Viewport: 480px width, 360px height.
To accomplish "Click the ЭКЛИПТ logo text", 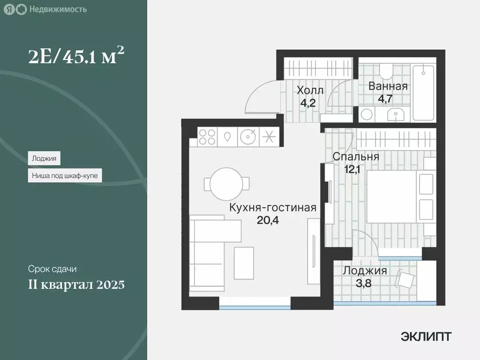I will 426,336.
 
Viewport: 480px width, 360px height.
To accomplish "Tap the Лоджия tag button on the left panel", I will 44,158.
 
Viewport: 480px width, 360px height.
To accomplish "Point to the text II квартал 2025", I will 76,285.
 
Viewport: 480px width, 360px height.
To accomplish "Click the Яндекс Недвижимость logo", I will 46,9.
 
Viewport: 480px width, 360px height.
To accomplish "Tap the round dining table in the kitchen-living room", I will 227,184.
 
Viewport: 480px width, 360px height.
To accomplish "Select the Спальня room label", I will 356,157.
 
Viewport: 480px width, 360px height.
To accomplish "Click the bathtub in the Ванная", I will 424,92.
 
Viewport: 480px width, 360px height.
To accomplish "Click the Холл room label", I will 309,90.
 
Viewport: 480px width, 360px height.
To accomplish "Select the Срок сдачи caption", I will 52,270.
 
